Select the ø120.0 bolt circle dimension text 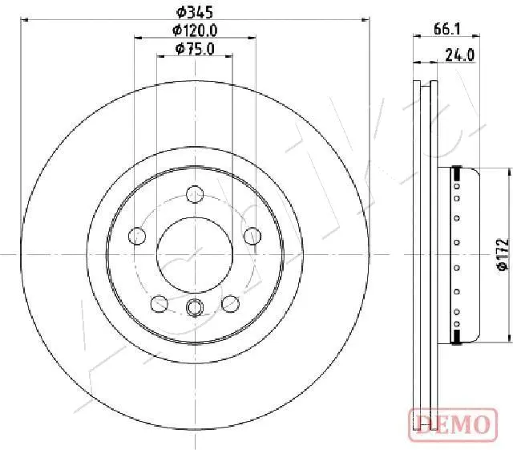(x=195, y=30)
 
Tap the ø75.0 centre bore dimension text (x=195, y=50)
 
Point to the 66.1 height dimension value (x=446, y=28)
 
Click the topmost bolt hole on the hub (x=194, y=193)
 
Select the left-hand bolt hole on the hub (x=138, y=236)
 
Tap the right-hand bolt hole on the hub (x=252, y=235)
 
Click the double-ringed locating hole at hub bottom (x=195, y=306)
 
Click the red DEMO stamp (x=450, y=422)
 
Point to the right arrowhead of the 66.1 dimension (x=478, y=37)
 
